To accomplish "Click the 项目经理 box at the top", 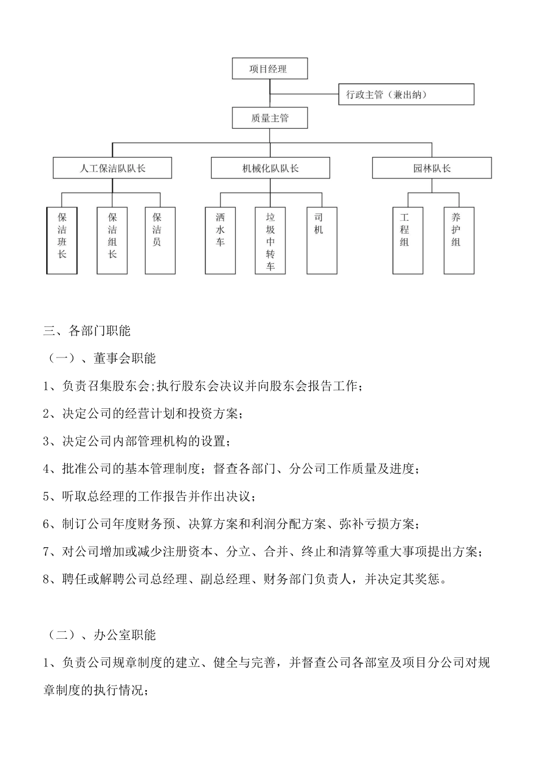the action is (x=270, y=68).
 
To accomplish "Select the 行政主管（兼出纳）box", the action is (x=406, y=94).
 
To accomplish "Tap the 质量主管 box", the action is (x=270, y=118).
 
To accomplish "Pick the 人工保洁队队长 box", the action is (x=112, y=168).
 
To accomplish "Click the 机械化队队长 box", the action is (x=270, y=168).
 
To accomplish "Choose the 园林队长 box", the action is (x=432, y=168).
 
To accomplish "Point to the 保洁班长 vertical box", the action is (x=62, y=241).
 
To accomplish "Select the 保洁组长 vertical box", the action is (x=112, y=241).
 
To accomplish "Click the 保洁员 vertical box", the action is (x=160, y=241).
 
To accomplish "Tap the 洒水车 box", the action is (x=220, y=241).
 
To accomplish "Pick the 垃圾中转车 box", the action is (x=270, y=241).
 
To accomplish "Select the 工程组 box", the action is (x=407, y=241).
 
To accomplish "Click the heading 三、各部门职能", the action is (x=87, y=331).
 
